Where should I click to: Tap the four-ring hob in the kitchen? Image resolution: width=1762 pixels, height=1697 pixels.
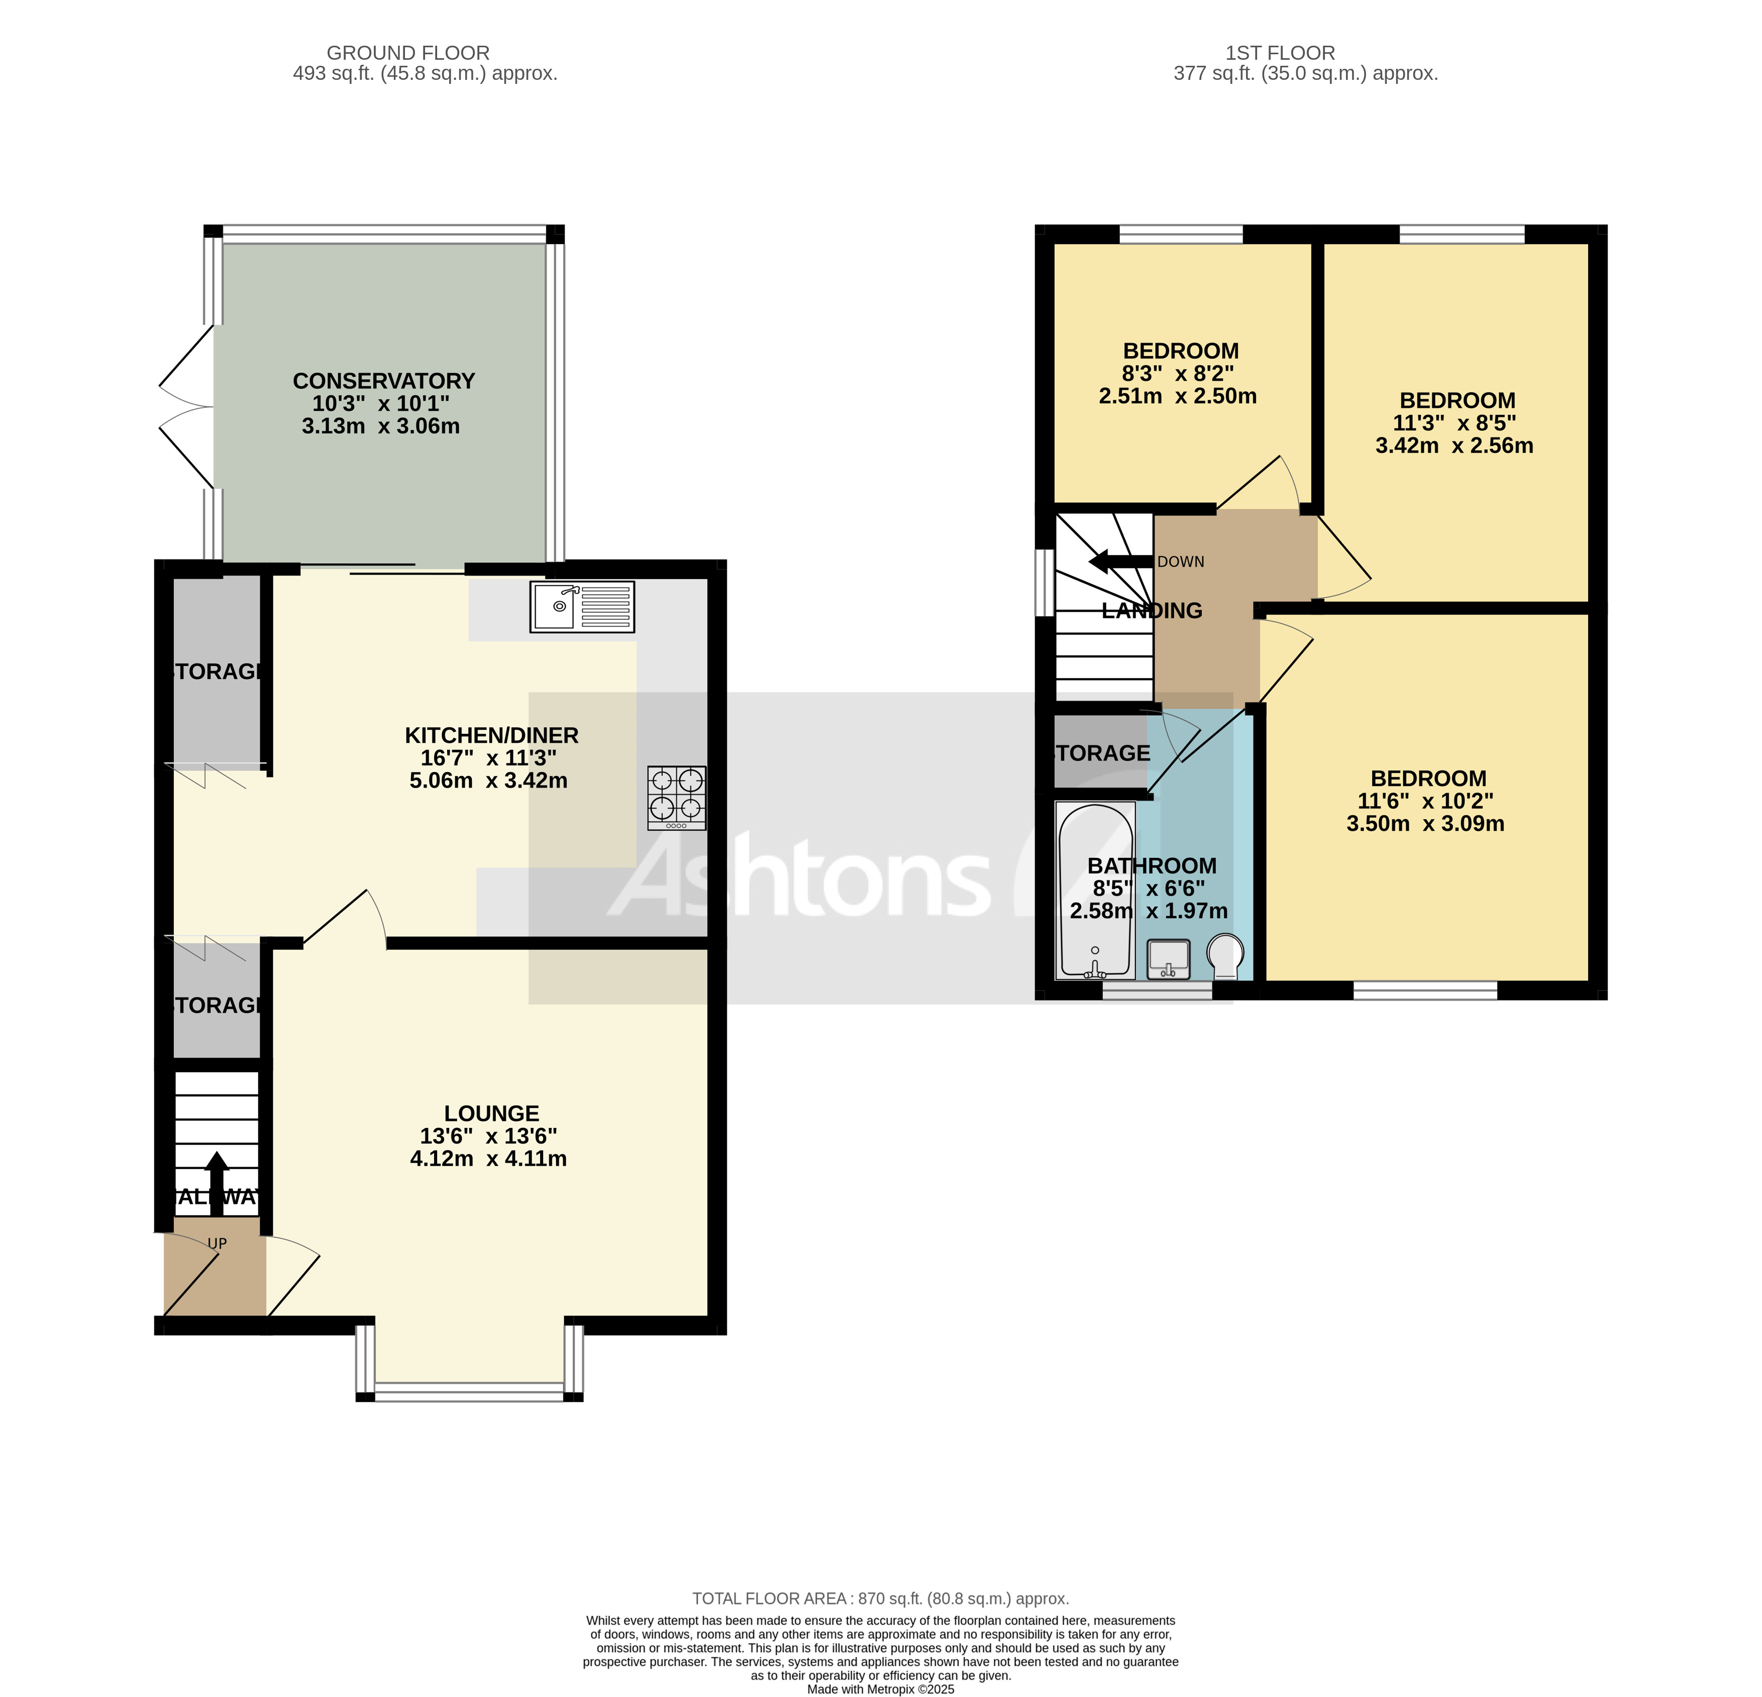coord(676,797)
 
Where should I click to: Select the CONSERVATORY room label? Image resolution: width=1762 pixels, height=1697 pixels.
coord(384,381)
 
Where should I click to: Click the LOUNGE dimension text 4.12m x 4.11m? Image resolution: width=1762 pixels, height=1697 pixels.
coord(488,1159)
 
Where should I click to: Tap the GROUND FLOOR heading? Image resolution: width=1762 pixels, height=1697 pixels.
coord(408,53)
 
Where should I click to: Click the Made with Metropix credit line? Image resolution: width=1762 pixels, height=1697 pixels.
coord(880,1689)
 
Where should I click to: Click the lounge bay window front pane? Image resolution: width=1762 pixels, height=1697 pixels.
coord(469,1396)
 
